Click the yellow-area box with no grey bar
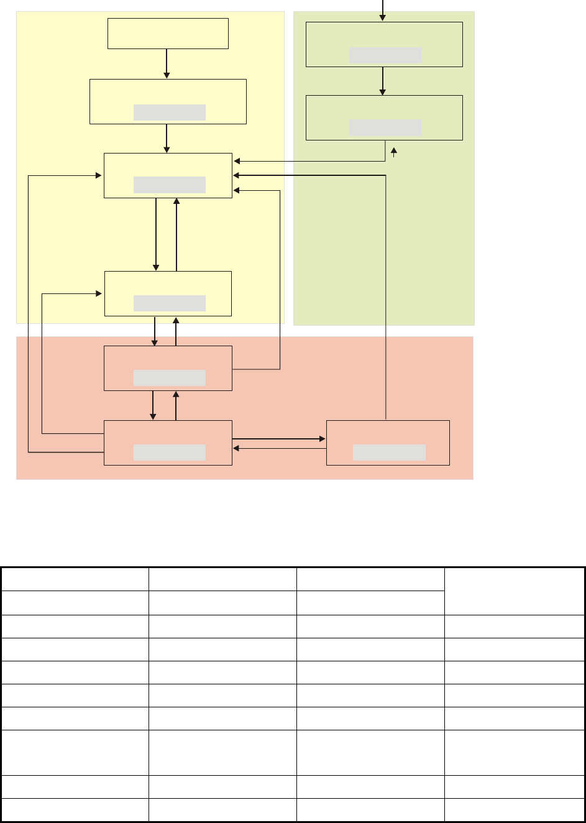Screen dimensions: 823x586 168,34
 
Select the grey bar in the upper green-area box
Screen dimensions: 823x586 385,55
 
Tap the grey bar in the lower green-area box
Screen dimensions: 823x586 385,128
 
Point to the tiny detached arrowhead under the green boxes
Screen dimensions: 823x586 393,151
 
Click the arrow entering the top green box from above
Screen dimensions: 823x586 383,10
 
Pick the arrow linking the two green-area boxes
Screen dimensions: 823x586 383,81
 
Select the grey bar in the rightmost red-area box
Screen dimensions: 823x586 389,453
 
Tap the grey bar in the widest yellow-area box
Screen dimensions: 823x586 169,112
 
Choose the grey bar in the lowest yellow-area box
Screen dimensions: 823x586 169,303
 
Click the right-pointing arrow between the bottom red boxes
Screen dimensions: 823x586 279,439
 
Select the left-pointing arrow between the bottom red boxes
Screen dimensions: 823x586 279,448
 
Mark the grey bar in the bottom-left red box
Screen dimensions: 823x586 169,453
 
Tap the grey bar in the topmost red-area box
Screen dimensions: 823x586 169,378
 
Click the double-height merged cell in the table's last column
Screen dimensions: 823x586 515,591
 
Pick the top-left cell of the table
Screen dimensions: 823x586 75,579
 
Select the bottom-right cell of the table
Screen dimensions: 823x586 515,810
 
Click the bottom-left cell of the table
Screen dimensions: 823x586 75,810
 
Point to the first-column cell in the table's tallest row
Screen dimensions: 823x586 75,752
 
